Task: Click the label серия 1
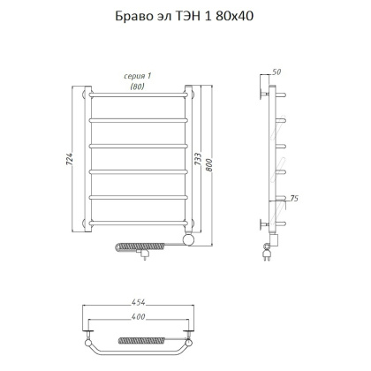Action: pos(135,76)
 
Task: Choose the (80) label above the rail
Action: pos(135,86)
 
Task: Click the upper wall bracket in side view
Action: pos(266,92)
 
